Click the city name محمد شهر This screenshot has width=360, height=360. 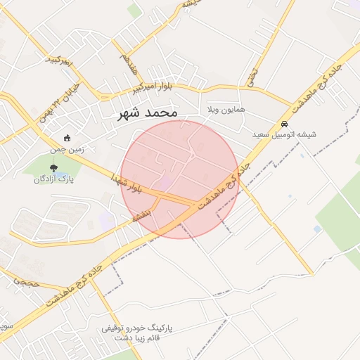[x=147, y=112]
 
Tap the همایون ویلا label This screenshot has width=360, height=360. [x=226, y=110]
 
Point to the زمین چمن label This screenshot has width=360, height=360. [x=67, y=148]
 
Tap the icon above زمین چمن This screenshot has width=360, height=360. [x=67, y=138]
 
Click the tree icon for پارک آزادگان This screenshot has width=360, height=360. [x=54, y=167]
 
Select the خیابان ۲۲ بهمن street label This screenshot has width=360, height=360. [x=60, y=102]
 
